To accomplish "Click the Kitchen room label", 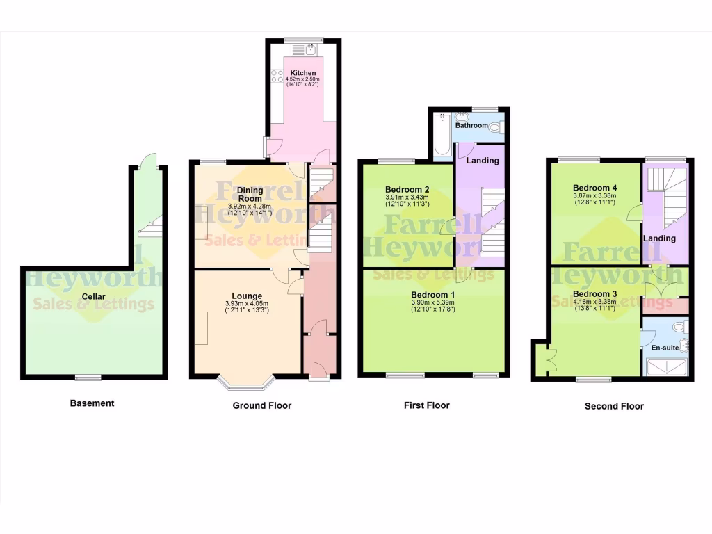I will [x=303, y=73].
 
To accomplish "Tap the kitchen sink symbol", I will [x=304, y=49].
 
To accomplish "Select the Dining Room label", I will [x=249, y=193].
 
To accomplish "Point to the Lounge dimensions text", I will [x=246, y=307].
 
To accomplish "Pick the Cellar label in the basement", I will [x=94, y=297].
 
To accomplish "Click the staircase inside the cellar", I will [x=152, y=225].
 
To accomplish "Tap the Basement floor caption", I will [x=92, y=403].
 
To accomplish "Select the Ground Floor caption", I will [x=261, y=405].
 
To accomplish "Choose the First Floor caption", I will [x=426, y=405].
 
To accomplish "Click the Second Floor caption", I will [x=614, y=406].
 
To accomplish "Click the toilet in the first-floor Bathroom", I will [x=495, y=127].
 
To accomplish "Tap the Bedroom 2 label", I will [x=407, y=189].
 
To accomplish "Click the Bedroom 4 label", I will [x=594, y=188].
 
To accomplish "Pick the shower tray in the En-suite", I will [x=665, y=367].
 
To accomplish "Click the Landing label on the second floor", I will [x=659, y=238].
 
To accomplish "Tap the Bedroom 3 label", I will [x=594, y=293].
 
